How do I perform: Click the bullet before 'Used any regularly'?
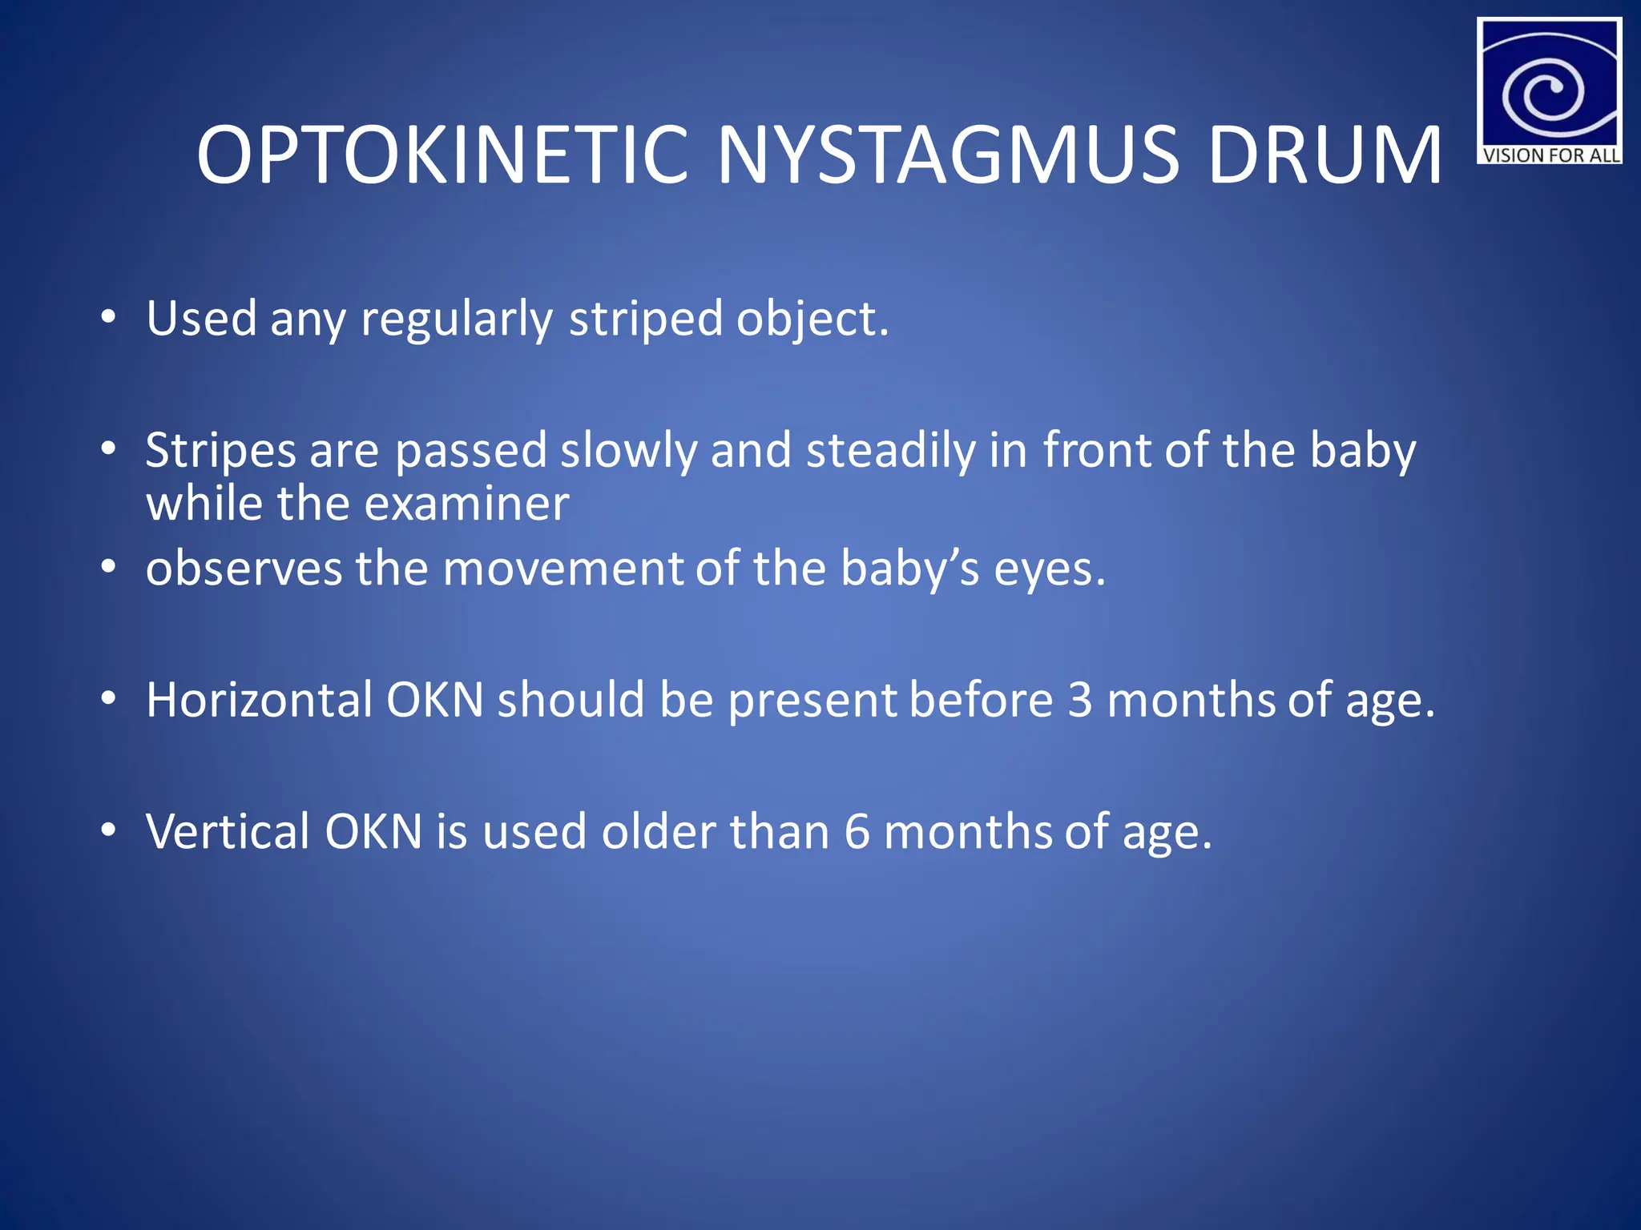click(109, 318)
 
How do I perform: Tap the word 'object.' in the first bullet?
click(812, 320)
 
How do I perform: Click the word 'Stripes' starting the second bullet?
click(220, 451)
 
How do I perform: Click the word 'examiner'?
click(466, 504)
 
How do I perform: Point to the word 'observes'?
click(244, 569)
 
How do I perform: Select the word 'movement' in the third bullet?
click(562, 569)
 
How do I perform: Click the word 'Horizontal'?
click(259, 700)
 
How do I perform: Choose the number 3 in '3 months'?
click(1080, 700)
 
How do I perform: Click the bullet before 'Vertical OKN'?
click(109, 831)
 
